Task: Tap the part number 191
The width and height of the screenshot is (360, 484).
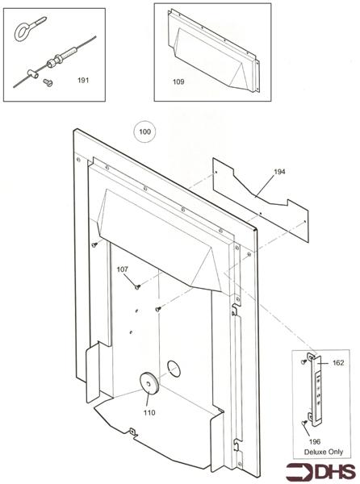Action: pyautogui.click(x=83, y=80)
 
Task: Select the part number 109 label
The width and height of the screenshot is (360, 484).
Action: pyautogui.click(x=178, y=81)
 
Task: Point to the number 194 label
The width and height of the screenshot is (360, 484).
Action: pyautogui.click(x=278, y=172)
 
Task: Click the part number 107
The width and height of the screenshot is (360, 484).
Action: pyautogui.click(x=123, y=269)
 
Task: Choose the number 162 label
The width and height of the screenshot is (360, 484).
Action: pyautogui.click(x=337, y=364)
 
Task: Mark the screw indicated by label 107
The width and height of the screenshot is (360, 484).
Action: pyautogui.click(x=137, y=285)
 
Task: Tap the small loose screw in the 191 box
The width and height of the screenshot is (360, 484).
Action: pyautogui.click(x=47, y=81)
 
